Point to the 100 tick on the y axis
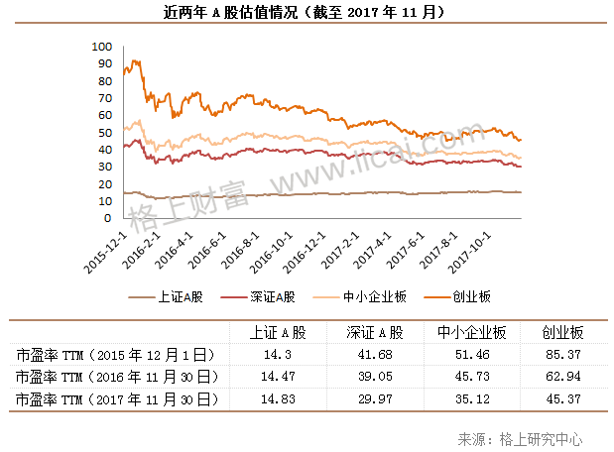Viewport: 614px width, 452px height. pyautogui.click(x=100, y=47)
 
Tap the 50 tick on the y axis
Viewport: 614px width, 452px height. pyautogui.click(x=104, y=131)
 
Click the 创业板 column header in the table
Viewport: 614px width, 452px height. pyautogui.click(x=561, y=332)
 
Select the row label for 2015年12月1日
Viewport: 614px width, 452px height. pyautogui.click(x=115, y=354)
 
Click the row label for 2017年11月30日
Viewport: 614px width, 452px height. pyautogui.click(x=115, y=398)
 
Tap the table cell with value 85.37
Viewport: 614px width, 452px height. pyautogui.click(x=561, y=354)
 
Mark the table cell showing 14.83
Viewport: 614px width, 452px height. pyautogui.click(x=270, y=398)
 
